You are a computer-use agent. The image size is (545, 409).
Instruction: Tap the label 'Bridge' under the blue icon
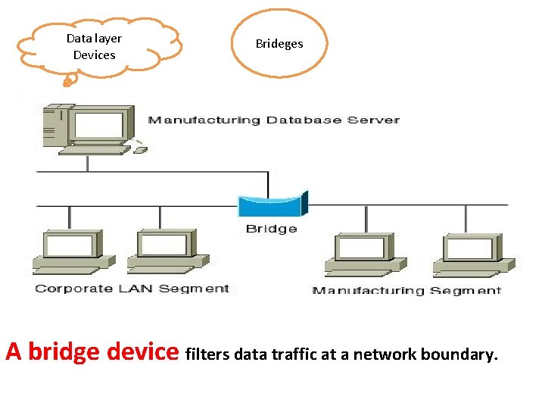[x=271, y=229]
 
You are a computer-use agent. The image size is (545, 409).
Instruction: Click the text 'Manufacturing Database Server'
[x=273, y=120]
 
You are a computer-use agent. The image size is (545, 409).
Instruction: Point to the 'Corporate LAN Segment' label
[x=132, y=289]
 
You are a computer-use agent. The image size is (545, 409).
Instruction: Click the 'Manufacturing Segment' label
[x=406, y=290]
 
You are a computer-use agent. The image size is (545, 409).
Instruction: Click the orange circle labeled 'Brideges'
[x=279, y=43]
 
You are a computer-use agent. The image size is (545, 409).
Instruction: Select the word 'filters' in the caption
[x=208, y=354]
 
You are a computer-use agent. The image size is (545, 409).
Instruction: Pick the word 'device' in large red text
[x=143, y=352]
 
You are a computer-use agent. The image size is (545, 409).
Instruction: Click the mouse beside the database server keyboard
[x=140, y=149]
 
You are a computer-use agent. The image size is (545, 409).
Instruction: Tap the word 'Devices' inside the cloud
[x=95, y=55]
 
